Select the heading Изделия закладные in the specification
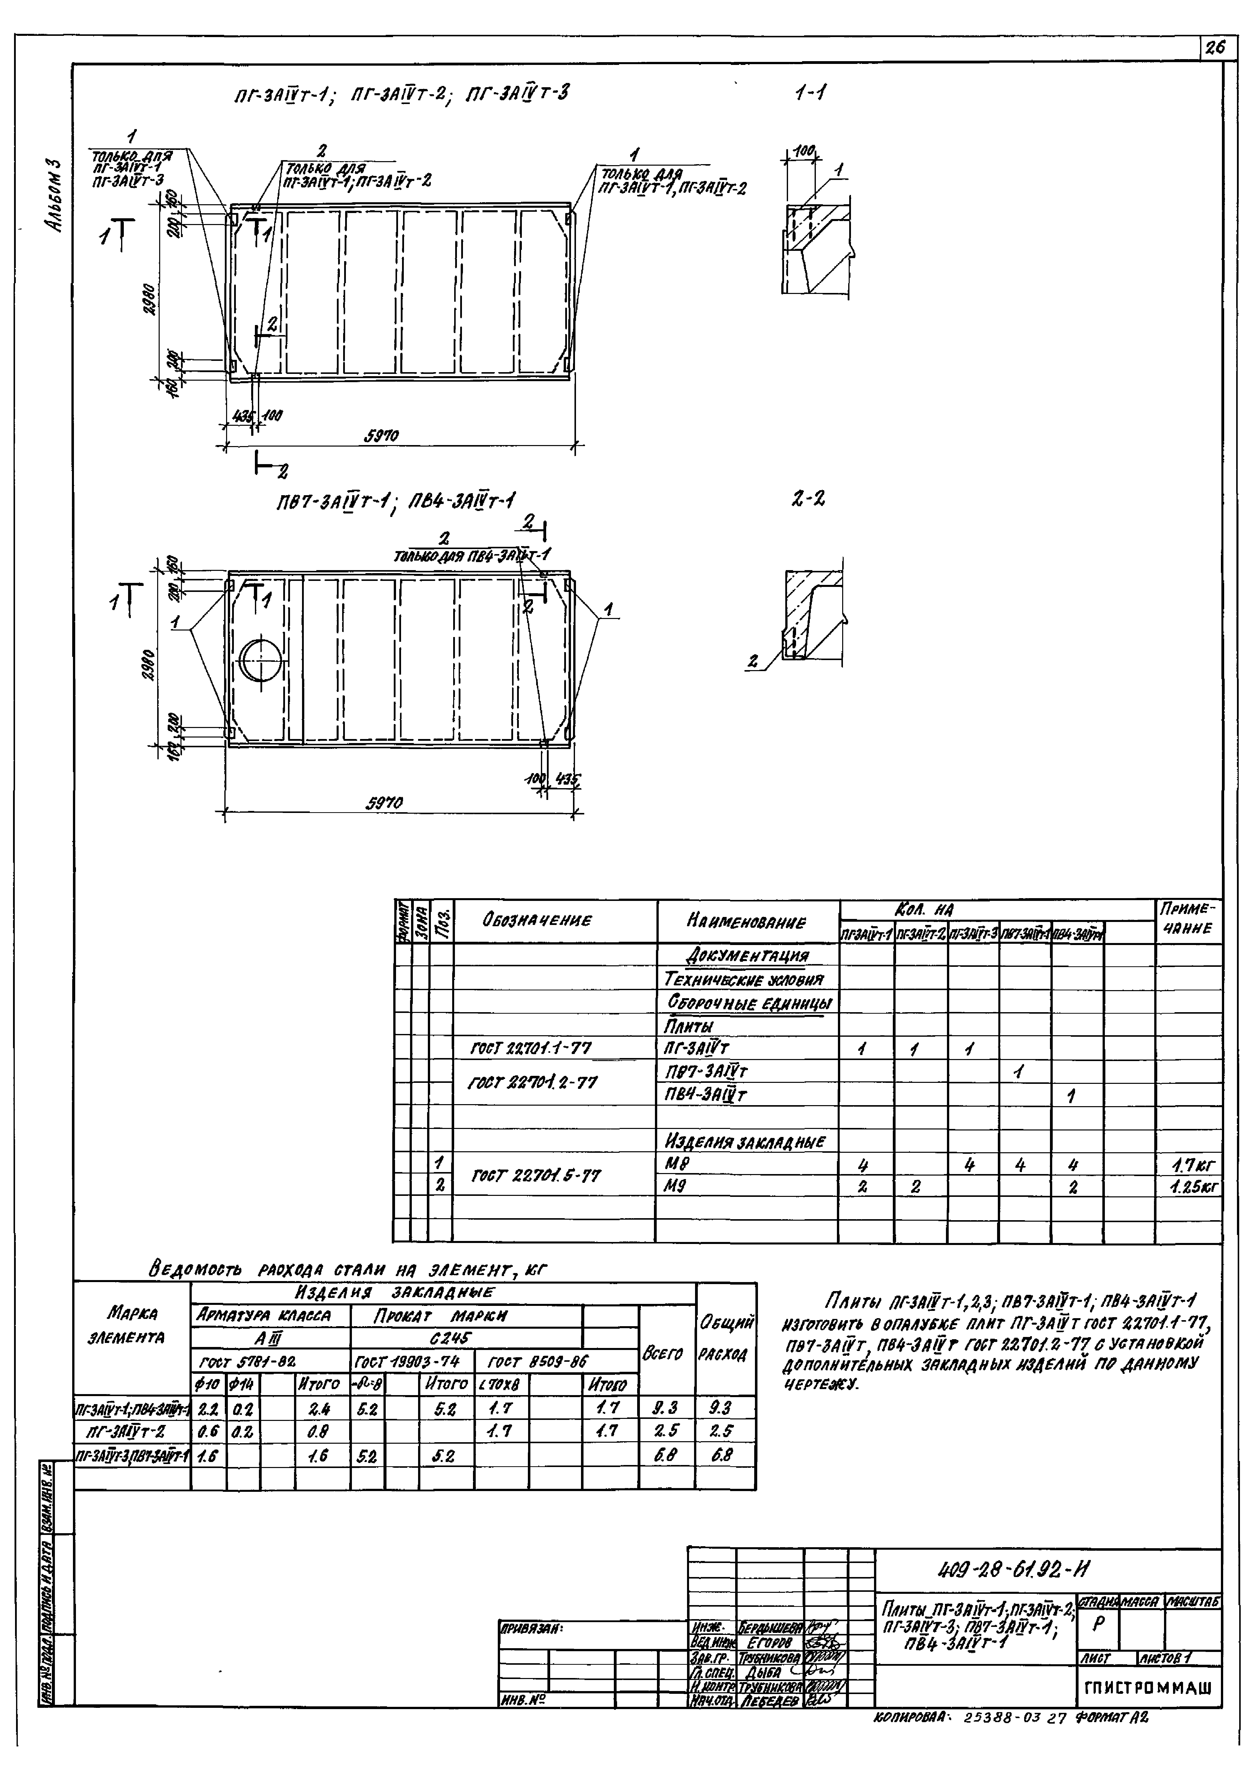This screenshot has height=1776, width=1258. tap(745, 1142)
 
